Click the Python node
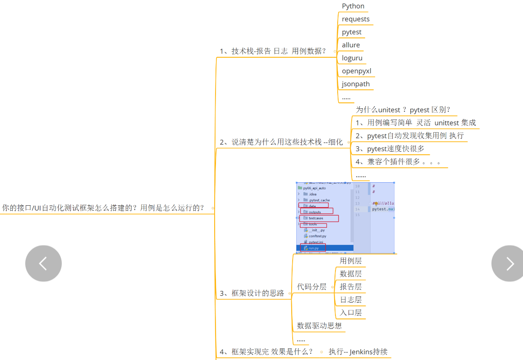353,6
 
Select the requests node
356,19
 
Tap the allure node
351,45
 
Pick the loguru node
352,58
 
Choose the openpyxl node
356,71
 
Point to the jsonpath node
356,84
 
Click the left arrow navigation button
43,263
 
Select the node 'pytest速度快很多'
390,149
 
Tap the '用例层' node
350,261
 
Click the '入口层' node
350,313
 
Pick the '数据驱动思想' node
319,326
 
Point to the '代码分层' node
312,287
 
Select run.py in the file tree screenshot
314,248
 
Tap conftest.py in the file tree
317,236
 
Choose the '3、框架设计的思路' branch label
252,293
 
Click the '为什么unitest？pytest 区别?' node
403,110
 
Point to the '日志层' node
350,300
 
